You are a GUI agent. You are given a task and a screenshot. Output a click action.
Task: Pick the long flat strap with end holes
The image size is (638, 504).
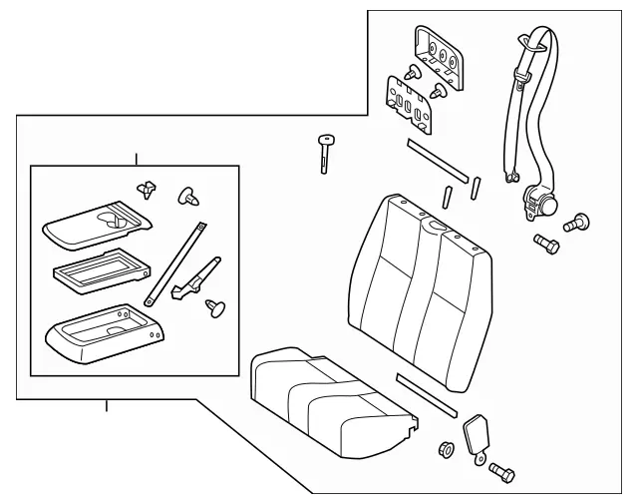175,263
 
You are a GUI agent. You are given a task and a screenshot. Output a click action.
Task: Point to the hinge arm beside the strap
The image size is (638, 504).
197,276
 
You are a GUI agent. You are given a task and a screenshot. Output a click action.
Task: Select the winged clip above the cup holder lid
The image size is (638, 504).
149,187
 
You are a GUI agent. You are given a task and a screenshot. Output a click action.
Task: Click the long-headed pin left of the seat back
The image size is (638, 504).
325,152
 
